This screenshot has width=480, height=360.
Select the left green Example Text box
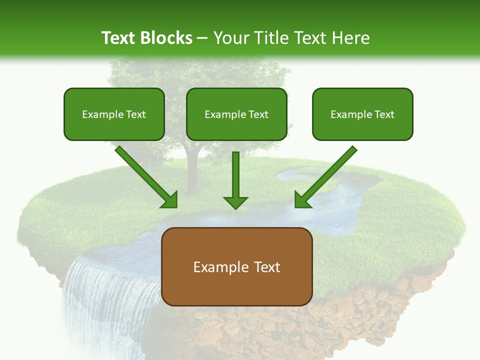pos(114,114)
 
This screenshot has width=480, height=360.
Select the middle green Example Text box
pos(236,114)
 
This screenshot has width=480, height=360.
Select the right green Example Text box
pos(362,114)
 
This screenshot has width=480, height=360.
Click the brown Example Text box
pos(237,266)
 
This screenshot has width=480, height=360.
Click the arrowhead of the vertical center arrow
pos(235,202)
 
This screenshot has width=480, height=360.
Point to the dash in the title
pos(202,38)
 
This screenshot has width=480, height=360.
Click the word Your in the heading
pos(231,38)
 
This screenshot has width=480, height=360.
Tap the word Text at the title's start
pos(118,38)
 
